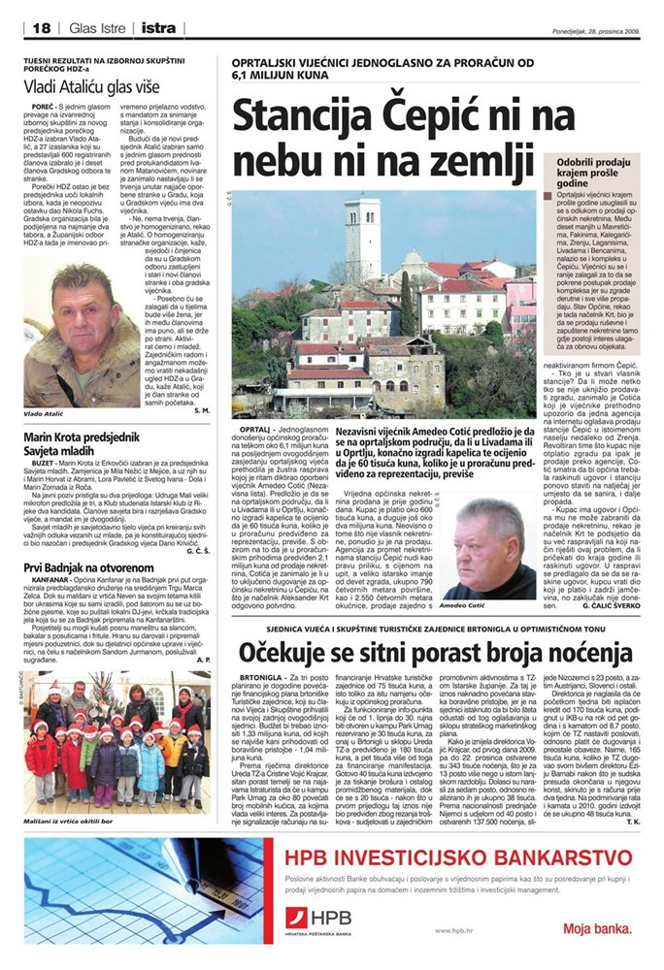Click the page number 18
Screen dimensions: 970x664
[40, 28]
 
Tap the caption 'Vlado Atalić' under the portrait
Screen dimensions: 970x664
[46, 386]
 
